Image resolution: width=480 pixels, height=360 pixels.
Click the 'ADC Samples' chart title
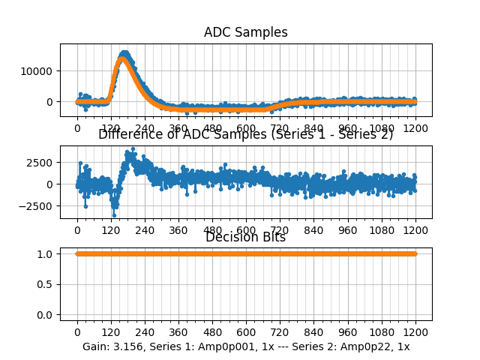[245, 32]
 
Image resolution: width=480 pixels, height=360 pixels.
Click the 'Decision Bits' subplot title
[245, 238]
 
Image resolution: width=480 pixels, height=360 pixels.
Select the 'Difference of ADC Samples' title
[245, 135]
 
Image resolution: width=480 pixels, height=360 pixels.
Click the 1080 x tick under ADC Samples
[382, 128]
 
